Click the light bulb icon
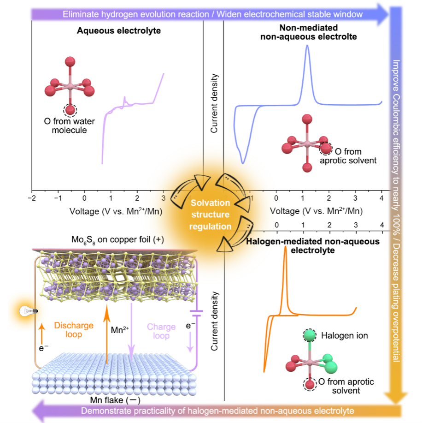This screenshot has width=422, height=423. (x=28, y=311)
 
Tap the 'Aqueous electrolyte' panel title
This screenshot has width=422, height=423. (x=119, y=31)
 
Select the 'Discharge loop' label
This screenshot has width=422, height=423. (x=74, y=330)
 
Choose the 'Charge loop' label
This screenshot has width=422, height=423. (x=161, y=331)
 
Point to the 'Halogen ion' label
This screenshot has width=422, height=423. (x=345, y=336)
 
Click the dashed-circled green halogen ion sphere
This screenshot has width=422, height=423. (x=309, y=335)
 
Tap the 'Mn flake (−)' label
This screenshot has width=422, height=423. (x=115, y=400)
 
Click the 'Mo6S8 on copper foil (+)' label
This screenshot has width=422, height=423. (x=118, y=239)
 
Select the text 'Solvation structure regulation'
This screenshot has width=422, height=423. (x=210, y=214)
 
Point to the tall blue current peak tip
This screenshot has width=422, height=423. (x=307, y=45)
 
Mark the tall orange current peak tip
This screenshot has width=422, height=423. (x=285, y=247)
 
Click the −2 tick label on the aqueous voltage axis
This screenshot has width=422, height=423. (x=32, y=198)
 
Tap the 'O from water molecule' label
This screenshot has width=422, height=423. (x=69, y=126)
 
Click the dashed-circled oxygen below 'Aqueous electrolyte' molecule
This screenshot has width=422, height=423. (x=70, y=110)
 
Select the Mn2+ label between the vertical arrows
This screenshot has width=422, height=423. (x=120, y=330)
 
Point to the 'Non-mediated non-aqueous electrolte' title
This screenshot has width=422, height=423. (x=308, y=32)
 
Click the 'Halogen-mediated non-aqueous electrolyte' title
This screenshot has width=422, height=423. (x=313, y=246)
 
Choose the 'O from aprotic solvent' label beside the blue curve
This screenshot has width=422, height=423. (x=348, y=156)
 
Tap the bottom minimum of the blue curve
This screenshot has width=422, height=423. (x=243, y=163)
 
